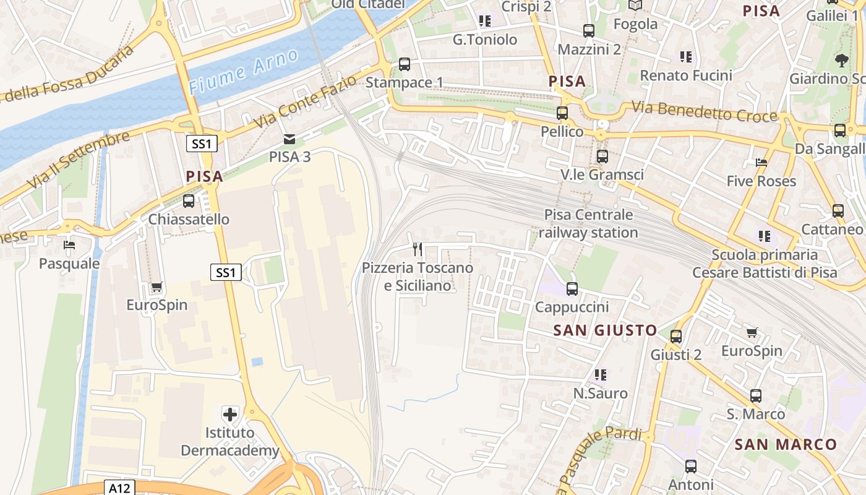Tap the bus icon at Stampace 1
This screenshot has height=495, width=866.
[x=405, y=64]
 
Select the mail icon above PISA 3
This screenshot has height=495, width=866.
[x=289, y=139]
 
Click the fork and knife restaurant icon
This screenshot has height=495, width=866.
[x=418, y=249]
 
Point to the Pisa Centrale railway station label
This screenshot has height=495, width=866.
[x=588, y=223]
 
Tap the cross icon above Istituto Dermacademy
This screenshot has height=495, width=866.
[x=230, y=414]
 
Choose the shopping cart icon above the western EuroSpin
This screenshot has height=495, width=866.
[x=157, y=287]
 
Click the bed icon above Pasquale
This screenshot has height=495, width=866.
[x=69, y=245]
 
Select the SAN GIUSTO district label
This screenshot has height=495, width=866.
[x=605, y=330]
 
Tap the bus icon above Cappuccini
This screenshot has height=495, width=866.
[x=572, y=289]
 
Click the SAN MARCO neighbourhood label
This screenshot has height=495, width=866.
[x=786, y=444]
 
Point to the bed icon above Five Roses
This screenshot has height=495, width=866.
[x=761, y=163]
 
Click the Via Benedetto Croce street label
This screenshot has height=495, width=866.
[x=704, y=112]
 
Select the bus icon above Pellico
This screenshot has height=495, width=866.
[x=562, y=113]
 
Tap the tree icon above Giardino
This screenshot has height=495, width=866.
[x=841, y=60]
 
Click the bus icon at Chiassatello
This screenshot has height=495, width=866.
[x=189, y=201]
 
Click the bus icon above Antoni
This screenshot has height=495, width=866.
[x=691, y=467]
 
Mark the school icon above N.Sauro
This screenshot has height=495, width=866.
[x=600, y=375]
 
